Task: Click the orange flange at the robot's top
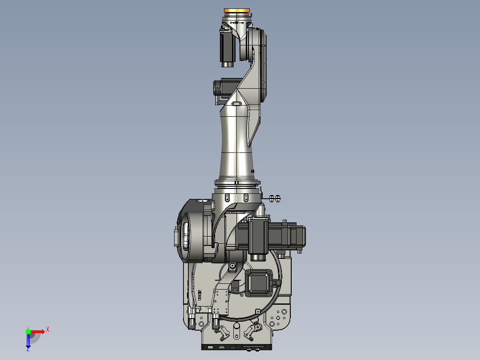(x=237, y=10)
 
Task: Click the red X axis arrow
(x=37, y=331)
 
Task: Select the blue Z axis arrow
(x=28, y=341)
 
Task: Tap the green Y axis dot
(x=28, y=331)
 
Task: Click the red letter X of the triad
(x=48, y=329)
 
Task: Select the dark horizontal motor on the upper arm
(x=223, y=87)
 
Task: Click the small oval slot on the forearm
(x=236, y=104)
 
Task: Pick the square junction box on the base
(x=259, y=283)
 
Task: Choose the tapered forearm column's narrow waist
(x=235, y=138)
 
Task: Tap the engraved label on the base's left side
(x=200, y=295)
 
